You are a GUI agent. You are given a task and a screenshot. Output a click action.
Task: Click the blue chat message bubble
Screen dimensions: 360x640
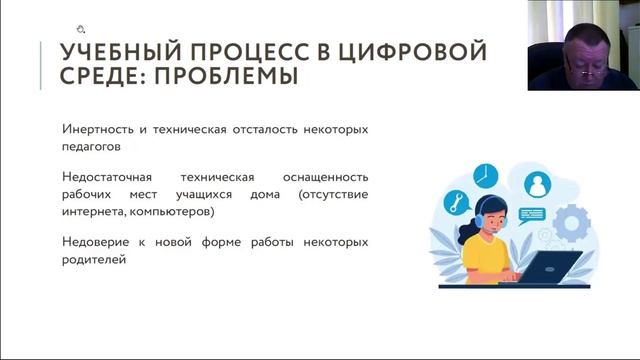coord(531,212)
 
